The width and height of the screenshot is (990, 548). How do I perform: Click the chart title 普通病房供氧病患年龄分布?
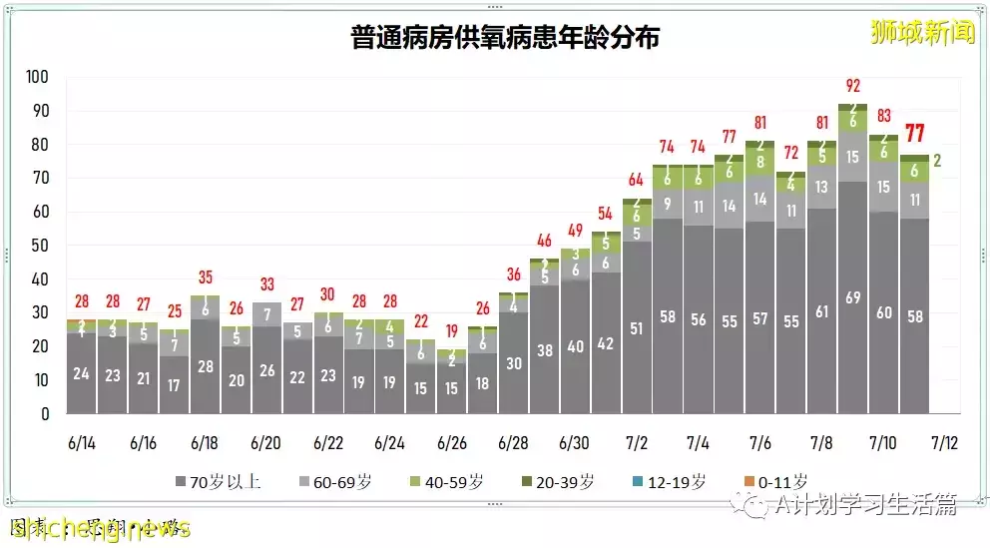click(505, 38)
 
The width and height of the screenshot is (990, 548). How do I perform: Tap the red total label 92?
click(852, 86)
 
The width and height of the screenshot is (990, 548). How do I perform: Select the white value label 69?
click(852, 297)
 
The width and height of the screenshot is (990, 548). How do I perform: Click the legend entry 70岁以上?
click(218, 481)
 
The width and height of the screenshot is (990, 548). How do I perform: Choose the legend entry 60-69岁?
click(343, 481)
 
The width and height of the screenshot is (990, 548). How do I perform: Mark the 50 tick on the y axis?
click(41, 246)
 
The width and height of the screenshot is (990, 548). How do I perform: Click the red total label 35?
click(205, 277)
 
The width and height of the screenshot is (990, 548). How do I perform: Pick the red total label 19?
click(452, 331)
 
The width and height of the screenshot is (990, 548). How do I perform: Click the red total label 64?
click(636, 181)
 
